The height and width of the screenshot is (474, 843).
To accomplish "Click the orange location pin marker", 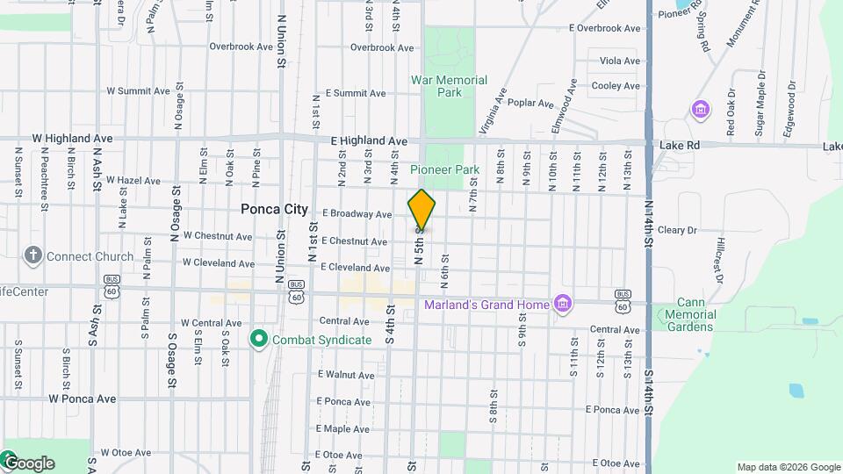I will click(421, 210).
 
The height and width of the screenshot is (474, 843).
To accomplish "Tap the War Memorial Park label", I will click(449, 86).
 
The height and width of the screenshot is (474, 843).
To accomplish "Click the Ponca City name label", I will click(275, 210).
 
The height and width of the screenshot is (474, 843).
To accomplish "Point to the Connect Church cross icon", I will click(33, 256).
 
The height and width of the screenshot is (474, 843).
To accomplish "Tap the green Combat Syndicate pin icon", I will click(258, 338).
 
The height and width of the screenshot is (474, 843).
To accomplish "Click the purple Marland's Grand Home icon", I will click(563, 305).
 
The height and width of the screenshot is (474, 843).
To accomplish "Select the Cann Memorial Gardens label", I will click(690, 314).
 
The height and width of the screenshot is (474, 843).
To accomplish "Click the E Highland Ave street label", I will click(369, 140).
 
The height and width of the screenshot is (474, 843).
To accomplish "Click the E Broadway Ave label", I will click(357, 214).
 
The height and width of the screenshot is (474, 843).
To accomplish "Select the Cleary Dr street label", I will click(676, 230).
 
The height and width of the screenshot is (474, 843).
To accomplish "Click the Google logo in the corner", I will click(28, 463).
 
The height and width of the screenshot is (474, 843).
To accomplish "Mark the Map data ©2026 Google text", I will click(788, 467).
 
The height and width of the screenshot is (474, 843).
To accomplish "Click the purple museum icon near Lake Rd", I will click(701, 110).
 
